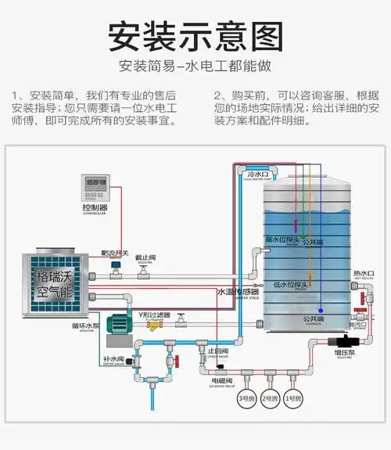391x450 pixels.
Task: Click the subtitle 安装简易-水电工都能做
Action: [x=195, y=66]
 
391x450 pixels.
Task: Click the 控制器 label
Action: [x=95, y=208]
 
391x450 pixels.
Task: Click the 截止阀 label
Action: [x=145, y=257]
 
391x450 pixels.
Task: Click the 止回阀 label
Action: [x=217, y=351]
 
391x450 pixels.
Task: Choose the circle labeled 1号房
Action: [x=292, y=399]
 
